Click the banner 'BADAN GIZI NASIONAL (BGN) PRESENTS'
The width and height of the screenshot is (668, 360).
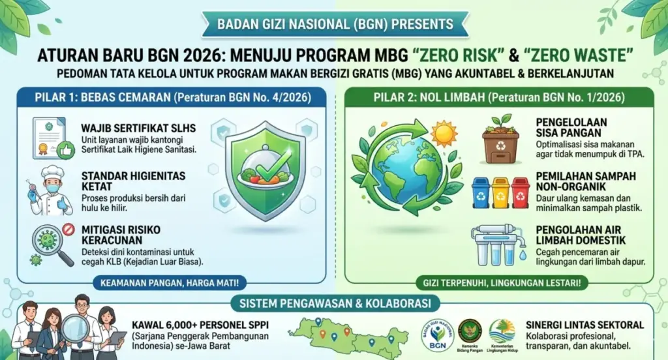(x=333, y=25)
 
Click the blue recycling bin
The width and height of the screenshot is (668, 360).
(x=481, y=192)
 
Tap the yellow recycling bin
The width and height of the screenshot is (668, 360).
(x=500, y=192)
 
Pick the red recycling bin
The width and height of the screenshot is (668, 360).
(x=520, y=192)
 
